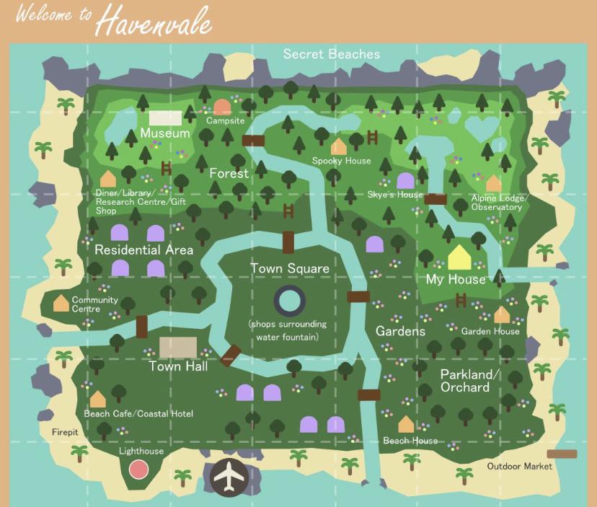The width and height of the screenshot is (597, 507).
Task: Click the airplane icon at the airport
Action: (229, 477)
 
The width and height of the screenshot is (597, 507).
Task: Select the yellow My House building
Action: (459, 257)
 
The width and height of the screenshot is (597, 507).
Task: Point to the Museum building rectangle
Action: (165, 118)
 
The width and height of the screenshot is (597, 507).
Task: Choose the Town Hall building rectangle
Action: (177, 347)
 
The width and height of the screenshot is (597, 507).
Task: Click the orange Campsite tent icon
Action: (222, 107)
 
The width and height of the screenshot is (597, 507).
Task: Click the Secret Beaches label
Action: (331, 54)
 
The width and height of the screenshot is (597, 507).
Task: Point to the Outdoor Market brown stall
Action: (562, 454)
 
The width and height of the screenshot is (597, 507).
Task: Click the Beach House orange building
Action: (407, 424)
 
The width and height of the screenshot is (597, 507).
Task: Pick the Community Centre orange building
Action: (61, 303)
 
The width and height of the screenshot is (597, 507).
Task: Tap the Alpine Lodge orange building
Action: (493, 183)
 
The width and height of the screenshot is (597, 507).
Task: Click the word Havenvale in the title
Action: (154, 22)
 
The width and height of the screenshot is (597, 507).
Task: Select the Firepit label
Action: (64, 433)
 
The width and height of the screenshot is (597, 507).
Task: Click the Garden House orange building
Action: (502, 314)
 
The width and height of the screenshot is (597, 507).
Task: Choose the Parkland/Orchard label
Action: (469, 381)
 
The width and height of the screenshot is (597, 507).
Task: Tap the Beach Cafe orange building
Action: (97, 399)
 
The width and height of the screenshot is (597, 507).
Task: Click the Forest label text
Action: (229, 173)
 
